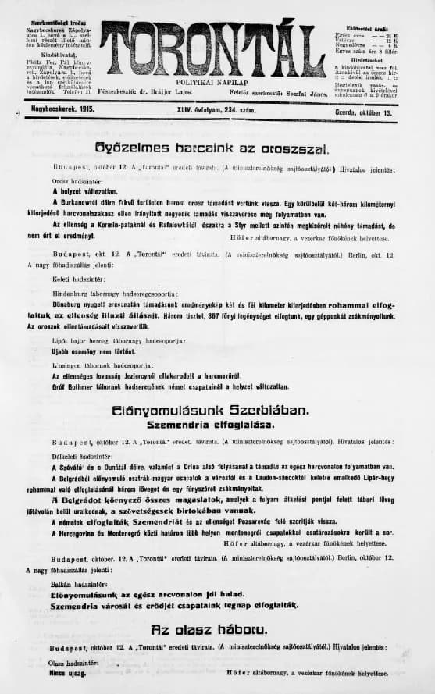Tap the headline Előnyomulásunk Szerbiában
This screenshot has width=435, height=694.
tap(212, 411)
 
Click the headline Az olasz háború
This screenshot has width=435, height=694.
tap(212, 629)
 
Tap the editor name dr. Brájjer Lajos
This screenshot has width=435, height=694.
tap(191, 92)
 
